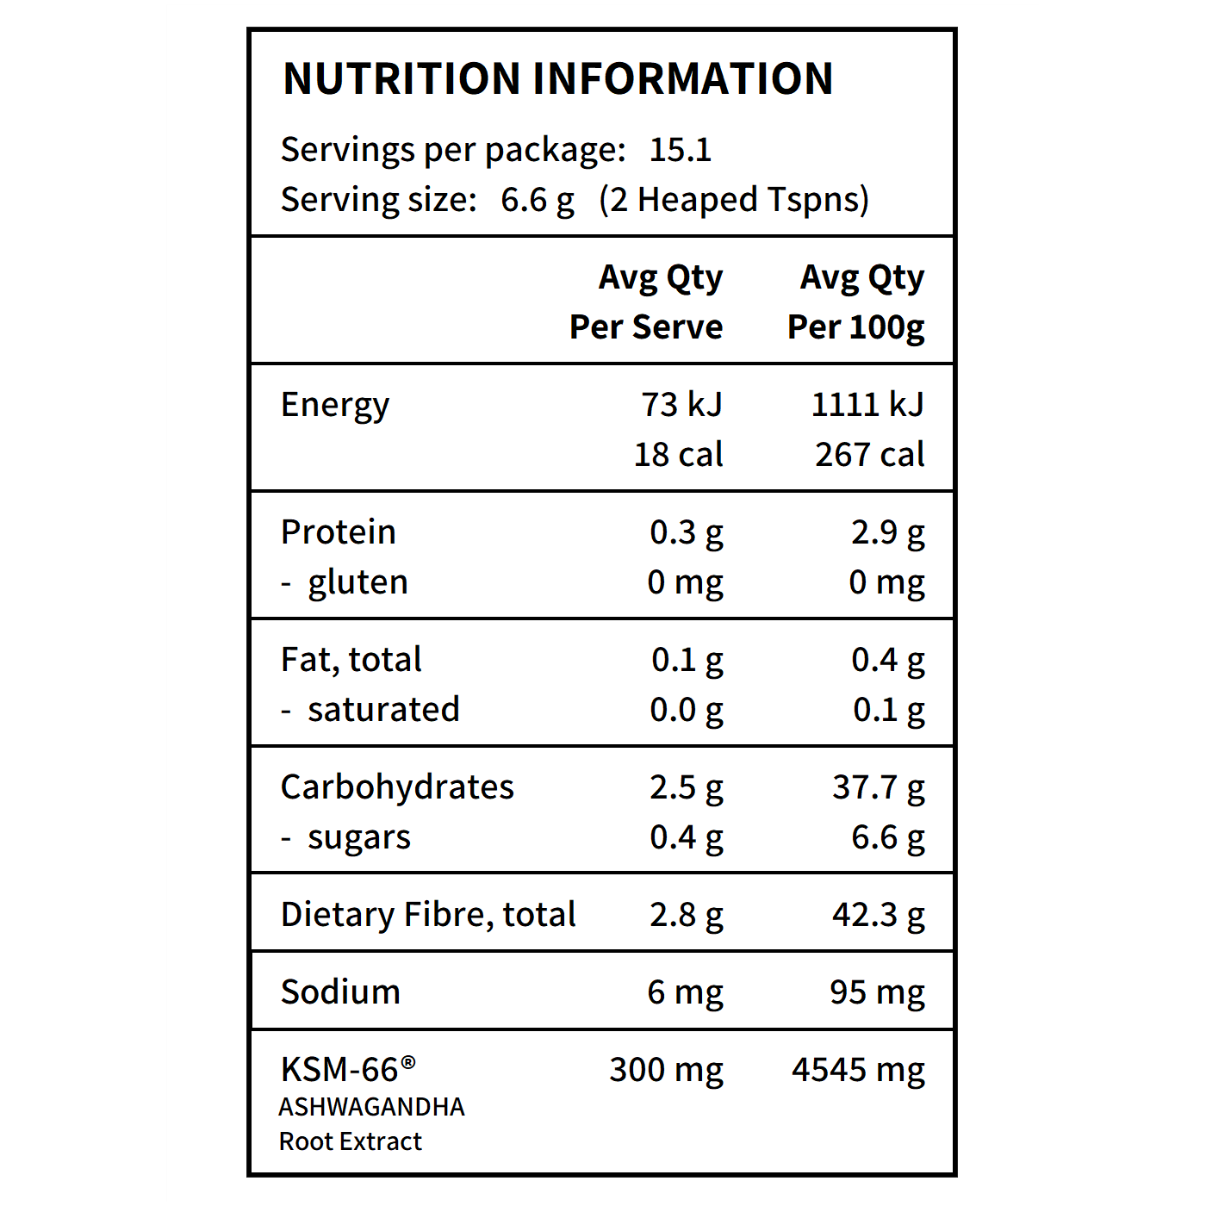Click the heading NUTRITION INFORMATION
click(x=558, y=78)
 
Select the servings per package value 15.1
click(x=680, y=150)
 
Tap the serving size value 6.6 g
click(x=538, y=200)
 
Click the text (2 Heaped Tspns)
click(x=734, y=200)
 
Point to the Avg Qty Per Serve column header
click(x=647, y=301)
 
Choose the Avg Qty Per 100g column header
click(x=856, y=301)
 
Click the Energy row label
click(x=335, y=405)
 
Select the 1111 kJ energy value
click(x=867, y=405)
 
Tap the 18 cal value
click(x=678, y=455)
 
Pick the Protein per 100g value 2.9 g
click(x=887, y=532)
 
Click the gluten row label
click(x=357, y=582)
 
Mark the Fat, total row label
click(x=351, y=660)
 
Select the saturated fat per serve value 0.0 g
click(x=687, y=710)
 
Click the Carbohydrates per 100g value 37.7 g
click(x=878, y=787)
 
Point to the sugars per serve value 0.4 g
click(x=687, y=837)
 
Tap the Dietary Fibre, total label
click(x=428, y=915)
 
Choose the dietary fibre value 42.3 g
click(x=878, y=915)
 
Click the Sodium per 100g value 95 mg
click(x=877, y=992)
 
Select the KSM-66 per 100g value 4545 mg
click(x=858, y=1070)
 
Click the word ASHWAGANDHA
click(x=371, y=1107)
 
